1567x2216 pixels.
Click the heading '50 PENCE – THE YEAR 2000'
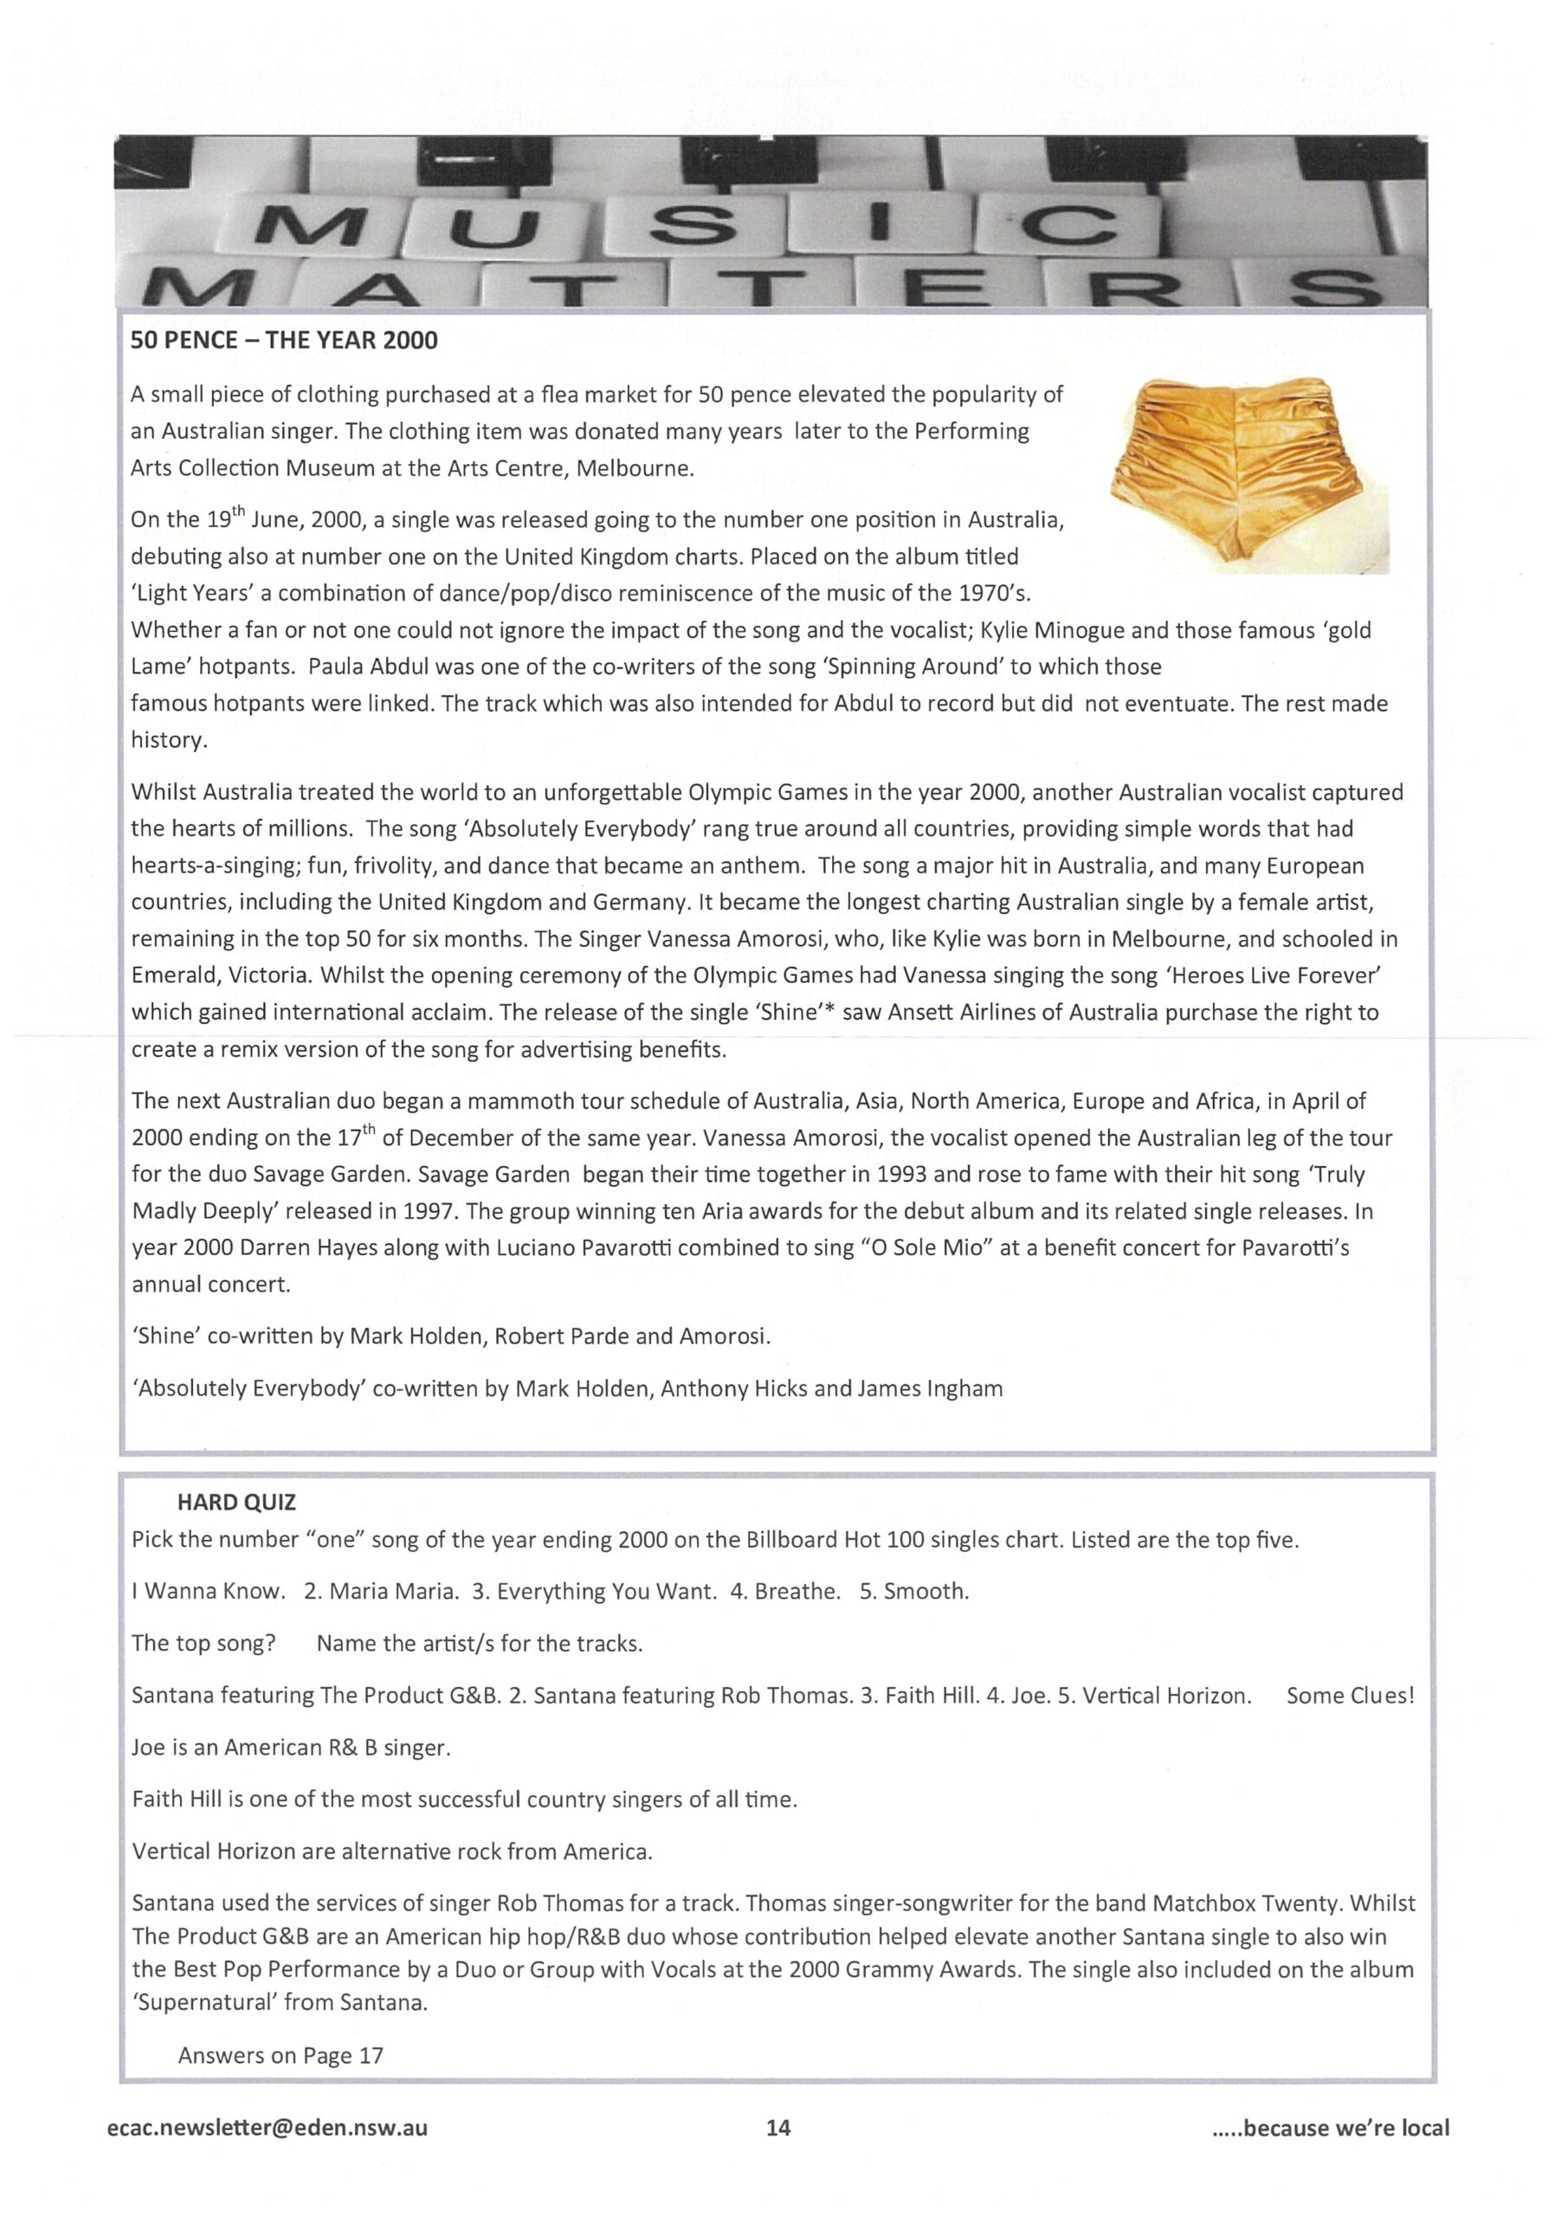coord(284,341)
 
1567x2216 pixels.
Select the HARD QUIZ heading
coord(236,1503)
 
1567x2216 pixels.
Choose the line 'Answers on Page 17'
coord(280,2056)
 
